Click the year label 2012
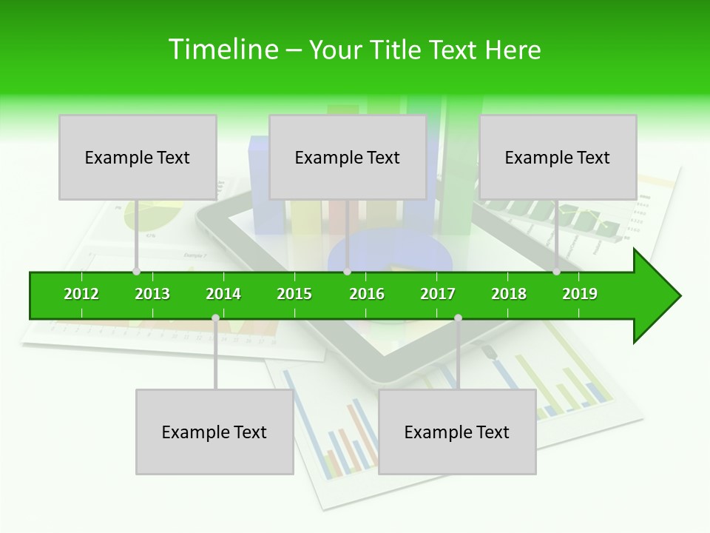(81, 294)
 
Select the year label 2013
(152, 294)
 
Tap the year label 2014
(223, 294)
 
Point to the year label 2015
(294, 294)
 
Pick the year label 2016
(367, 294)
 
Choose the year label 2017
(438, 294)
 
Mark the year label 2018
(509, 294)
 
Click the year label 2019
(580, 294)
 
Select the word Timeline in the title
(223, 50)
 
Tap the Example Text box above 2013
(138, 158)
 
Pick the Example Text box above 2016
(348, 158)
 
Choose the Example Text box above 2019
(558, 158)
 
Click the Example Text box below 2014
(214, 432)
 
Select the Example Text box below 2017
(457, 432)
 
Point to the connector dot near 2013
(136, 272)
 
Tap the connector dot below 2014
(215, 318)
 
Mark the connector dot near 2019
(556, 272)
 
